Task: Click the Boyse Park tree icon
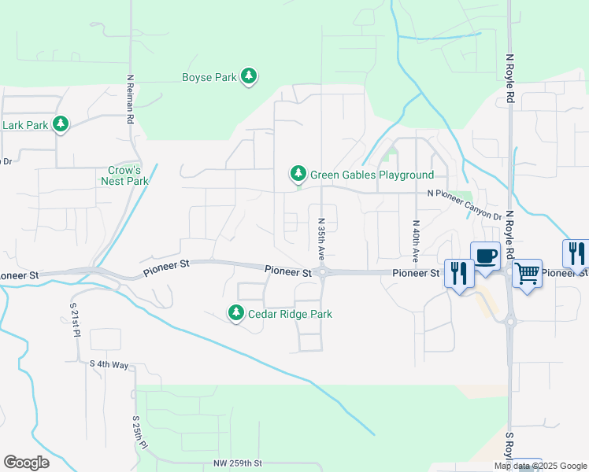250,76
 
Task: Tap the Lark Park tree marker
60,124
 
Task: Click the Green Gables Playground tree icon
298,173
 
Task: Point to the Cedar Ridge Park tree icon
235,312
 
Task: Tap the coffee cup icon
485,256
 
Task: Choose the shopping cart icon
527,273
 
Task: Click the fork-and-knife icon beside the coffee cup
459,273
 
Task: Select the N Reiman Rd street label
128,100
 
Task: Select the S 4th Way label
109,364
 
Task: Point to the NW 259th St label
237,464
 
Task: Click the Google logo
26,463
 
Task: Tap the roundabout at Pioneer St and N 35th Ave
322,272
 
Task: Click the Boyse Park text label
209,77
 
